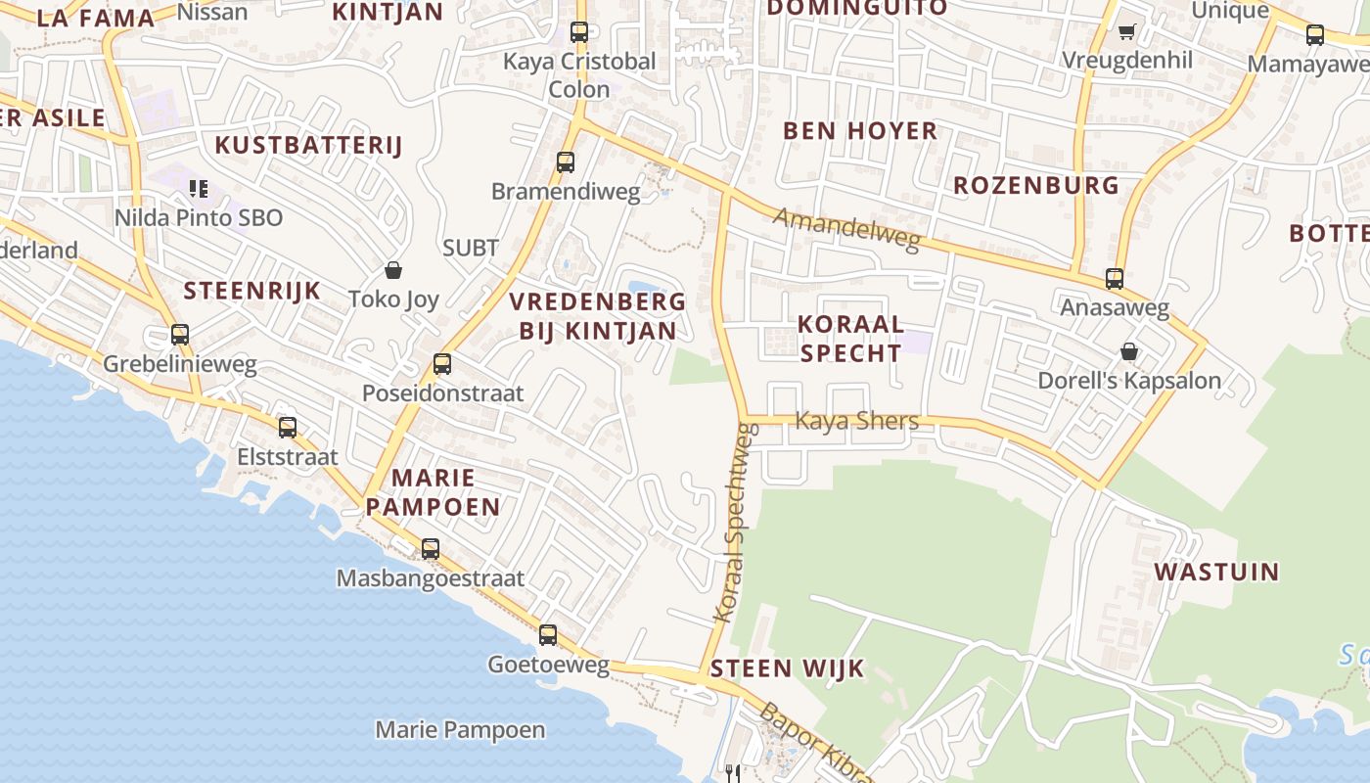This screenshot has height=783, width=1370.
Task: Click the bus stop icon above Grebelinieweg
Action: click(x=180, y=334)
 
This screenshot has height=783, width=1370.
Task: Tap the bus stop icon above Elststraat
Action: click(x=288, y=427)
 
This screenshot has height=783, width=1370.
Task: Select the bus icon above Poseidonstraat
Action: click(x=442, y=364)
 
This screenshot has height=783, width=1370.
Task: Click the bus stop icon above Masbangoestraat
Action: click(x=431, y=548)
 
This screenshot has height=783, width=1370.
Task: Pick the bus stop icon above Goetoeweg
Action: click(x=548, y=634)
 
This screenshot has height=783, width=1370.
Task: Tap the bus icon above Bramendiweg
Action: click(x=566, y=162)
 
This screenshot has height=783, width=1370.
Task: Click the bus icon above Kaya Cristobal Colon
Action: click(x=579, y=31)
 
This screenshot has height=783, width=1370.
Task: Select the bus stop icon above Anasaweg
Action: click(x=1115, y=278)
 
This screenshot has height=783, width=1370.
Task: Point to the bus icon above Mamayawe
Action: click(x=1315, y=35)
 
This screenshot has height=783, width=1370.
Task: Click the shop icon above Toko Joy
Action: click(x=393, y=269)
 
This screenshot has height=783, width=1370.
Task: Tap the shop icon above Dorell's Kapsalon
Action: click(x=1129, y=350)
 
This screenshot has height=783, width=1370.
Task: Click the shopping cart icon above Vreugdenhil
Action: click(x=1126, y=31)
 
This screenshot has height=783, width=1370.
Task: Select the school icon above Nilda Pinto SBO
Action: click(x=199, y=188)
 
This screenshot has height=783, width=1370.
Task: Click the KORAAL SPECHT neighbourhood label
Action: click(x=849, y=338)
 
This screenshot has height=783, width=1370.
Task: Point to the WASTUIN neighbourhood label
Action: click(x=1216, y=572)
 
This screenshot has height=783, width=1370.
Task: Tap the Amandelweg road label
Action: click(x=847, y=229)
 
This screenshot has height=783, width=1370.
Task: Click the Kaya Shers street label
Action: click(x=856, y=421)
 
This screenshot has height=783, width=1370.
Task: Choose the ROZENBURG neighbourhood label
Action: click(x=1035, y=185)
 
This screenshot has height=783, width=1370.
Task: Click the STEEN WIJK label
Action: click(x=787, y=668)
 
